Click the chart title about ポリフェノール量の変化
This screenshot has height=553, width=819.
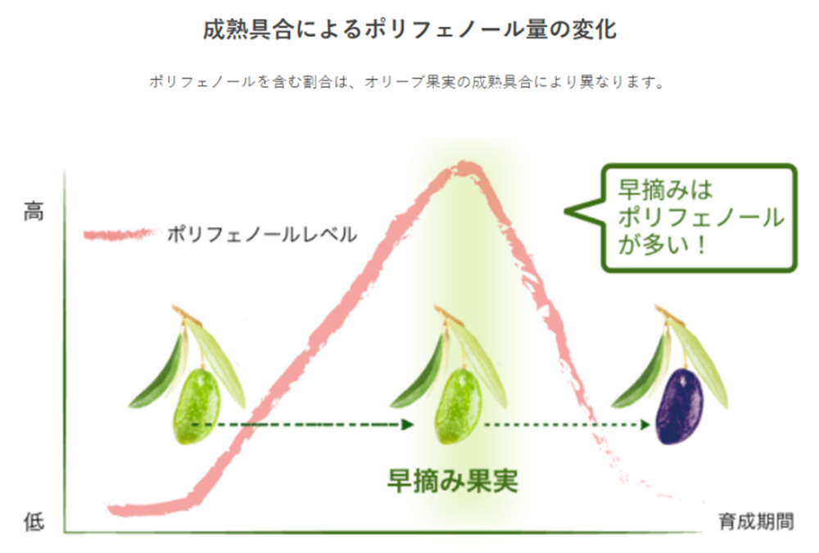pos(409,29)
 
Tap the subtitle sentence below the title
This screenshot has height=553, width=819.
pos(407,82)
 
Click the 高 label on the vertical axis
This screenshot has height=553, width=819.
pos(34,211)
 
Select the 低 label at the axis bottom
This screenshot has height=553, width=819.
pos(34,521)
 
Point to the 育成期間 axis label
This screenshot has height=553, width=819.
pos(756,521)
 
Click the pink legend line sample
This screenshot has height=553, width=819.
pos(121,234)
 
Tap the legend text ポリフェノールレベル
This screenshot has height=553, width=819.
pos(262,234)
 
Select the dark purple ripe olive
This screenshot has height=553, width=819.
pos(679,406)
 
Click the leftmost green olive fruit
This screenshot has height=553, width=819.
pos(197,406)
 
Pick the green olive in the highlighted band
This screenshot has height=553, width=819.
pos(458,406)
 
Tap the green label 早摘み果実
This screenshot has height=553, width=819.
pos(452,480)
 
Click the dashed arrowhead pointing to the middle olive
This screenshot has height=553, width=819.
pos(407,424)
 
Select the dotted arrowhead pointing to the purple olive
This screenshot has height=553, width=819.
pos(645,424)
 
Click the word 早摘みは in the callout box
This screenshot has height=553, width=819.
pos(665,190)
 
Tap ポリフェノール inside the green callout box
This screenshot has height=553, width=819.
pos(701,217)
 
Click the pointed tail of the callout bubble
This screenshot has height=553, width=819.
pos(566,211)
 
